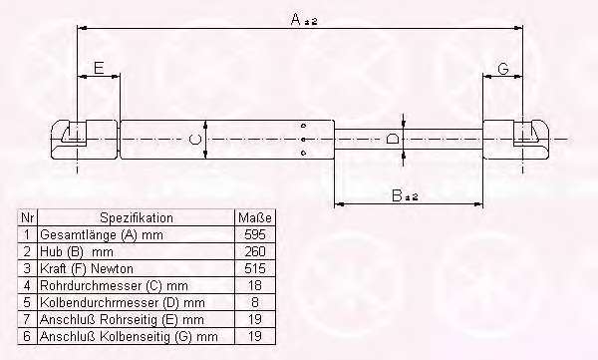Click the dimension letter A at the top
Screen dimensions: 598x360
point(296,19)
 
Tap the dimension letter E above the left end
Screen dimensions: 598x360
point(99,68)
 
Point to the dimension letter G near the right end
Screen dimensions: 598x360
point(503,69)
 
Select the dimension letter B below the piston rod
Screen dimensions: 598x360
point(397,195)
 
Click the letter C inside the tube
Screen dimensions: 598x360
point(195,139)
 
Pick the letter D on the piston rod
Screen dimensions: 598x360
point(392,139)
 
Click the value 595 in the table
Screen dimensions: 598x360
point(255,234)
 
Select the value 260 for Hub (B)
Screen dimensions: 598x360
point(255,251)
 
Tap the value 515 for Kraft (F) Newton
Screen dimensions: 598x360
point(255,268)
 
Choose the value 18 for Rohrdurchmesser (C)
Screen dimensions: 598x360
point(255,285)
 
